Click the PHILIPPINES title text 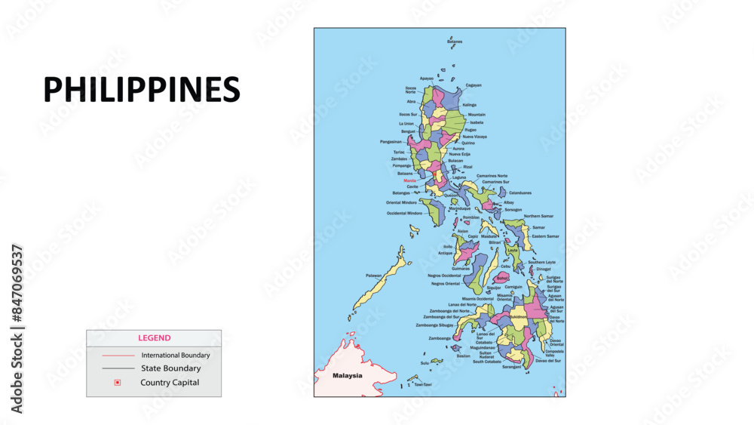[142, 90]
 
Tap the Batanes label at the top [455, 42]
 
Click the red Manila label [409, 180]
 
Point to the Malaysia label [348, 375]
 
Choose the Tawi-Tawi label [423, 384]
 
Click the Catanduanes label [520, 192]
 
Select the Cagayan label [474, 85]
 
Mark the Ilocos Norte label [410, 90]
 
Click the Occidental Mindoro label [405, 213]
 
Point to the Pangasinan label [391, 141]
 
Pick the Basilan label [464, 356]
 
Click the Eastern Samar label [546, 236]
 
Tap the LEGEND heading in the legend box [154, 338]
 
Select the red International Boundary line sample [118, 355]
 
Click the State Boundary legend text [170, 368]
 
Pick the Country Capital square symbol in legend [117, 383]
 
